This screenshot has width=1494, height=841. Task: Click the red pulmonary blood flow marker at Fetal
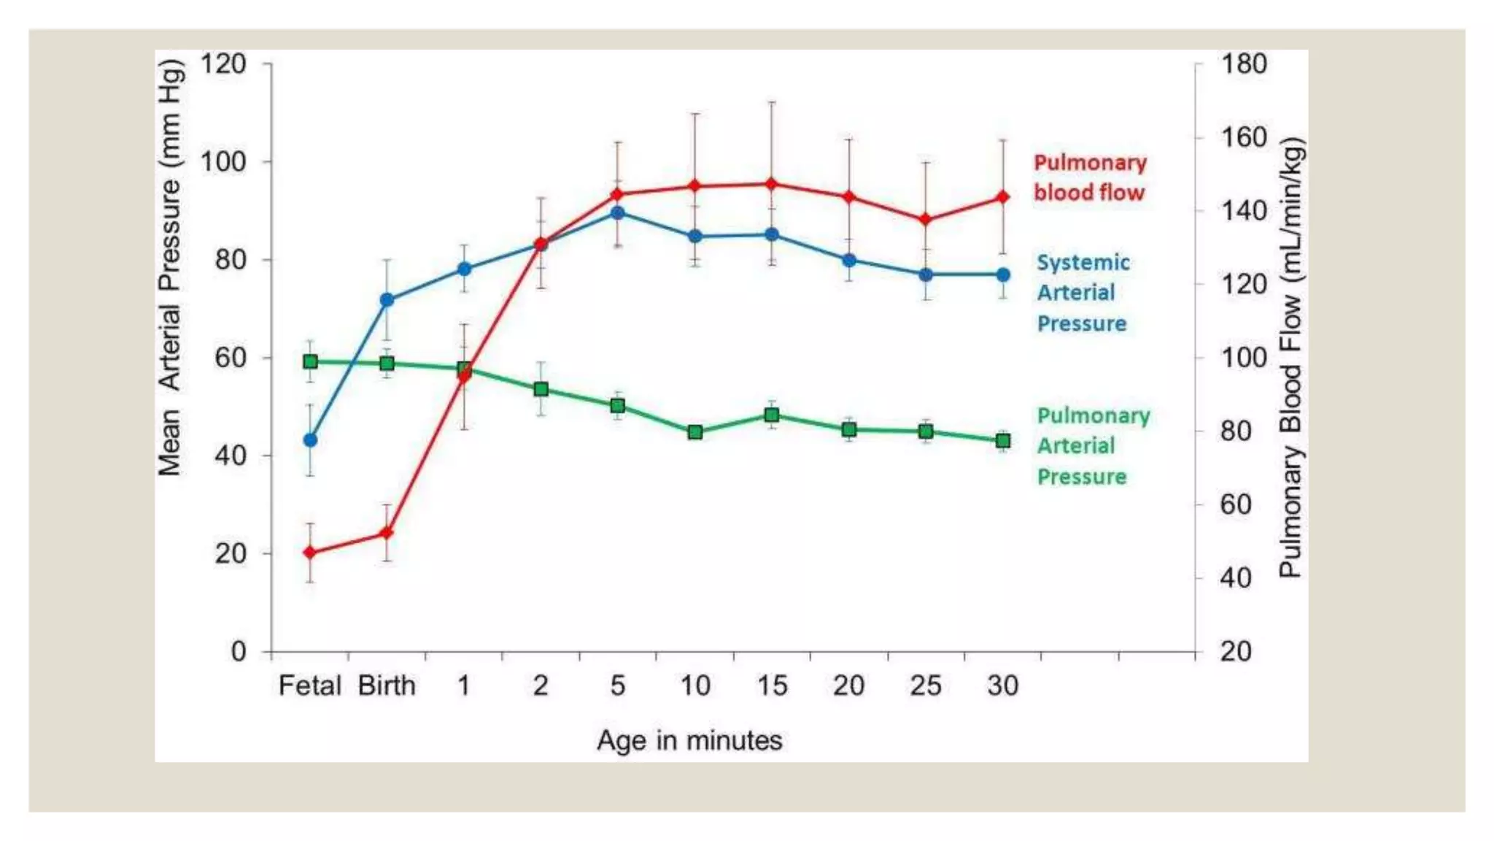[x=310, y=553]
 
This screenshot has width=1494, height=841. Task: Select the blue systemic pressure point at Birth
[x=387, y=300]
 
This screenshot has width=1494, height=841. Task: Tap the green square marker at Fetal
[x=310, y=361]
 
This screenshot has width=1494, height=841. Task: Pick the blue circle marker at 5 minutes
[x=618, y=212]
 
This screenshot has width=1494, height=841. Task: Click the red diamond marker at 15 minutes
[x=772, y=184]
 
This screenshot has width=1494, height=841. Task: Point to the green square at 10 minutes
[x=695, y=432]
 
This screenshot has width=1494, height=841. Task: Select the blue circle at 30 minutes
[x=1003, y=274]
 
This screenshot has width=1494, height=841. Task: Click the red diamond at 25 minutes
[x=926, y=219]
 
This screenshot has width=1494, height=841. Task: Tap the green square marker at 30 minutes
[x=1003, y=441]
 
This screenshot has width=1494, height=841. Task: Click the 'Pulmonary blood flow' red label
[x=1090, y=177]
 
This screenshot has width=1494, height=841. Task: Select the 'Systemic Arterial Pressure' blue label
[x=1083, y=293]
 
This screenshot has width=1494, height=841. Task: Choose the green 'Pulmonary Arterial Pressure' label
[x=1093, y=446]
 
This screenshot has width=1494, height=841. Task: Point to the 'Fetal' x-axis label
[x=309, y=686]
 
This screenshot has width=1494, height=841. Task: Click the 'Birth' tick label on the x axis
[x=387, y=686]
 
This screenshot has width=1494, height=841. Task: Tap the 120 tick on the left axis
[x=223, y=64]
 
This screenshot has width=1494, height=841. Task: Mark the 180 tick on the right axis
[x=1243, y=64]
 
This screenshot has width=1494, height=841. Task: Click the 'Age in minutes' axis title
[x=689, y=740]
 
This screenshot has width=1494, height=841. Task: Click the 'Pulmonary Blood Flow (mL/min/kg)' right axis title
[x=1291, y=358]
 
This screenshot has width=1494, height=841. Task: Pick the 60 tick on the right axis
[x=1235, y=504]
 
